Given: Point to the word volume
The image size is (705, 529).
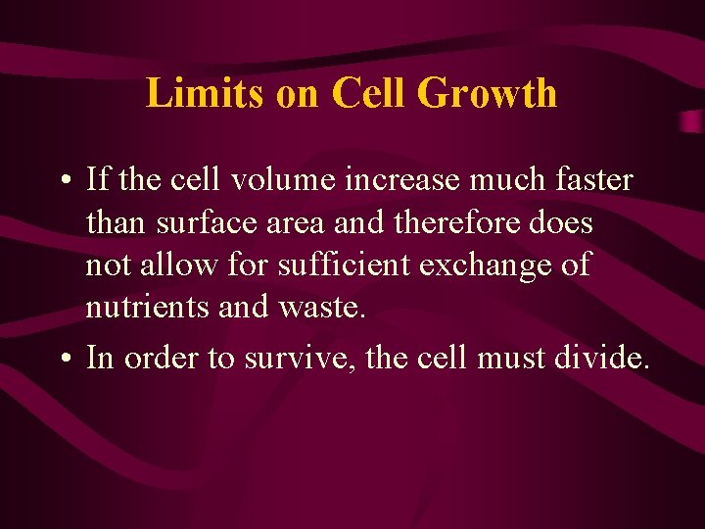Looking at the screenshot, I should pyautogui.click(x=275, y=180).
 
